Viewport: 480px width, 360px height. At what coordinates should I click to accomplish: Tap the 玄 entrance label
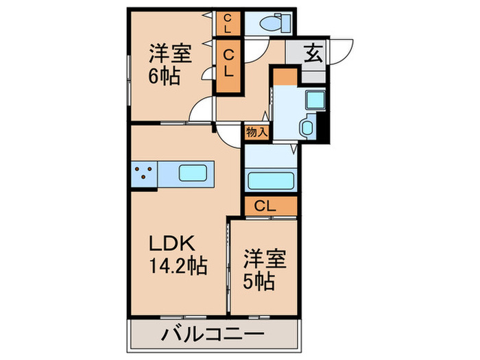[313, 54]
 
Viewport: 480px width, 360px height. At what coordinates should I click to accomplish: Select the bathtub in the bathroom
[269, 180]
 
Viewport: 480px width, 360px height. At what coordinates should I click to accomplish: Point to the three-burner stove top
[143, 173]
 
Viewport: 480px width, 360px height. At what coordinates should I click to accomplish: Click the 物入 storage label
[256, 132]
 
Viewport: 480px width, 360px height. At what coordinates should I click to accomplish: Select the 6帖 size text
[165, 75]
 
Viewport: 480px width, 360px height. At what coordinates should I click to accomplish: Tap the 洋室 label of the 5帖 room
[263, 259]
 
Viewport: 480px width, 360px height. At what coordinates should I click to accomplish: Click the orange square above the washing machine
[285, 75]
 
